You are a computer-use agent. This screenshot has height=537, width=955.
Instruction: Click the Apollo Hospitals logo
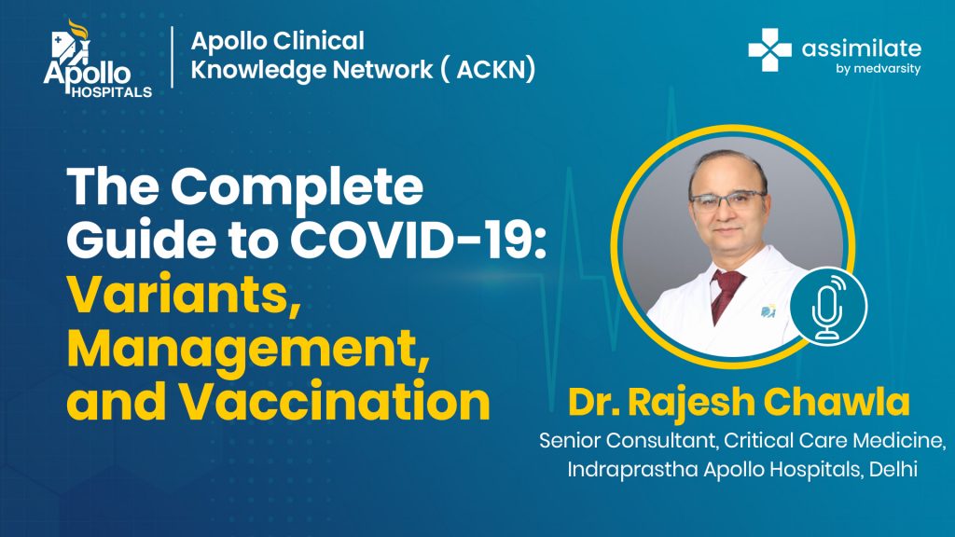[x=97, y=59]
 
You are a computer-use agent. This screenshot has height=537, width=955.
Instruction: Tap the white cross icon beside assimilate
[x=769, y=50]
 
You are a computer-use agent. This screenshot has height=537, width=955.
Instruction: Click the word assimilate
[x=861, y=48]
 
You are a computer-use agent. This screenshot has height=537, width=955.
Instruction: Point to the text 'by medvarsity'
[x=878, y=69]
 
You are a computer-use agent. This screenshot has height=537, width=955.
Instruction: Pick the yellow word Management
[x=248, y=350]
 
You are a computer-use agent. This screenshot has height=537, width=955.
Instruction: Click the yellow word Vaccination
[x=335, y=402]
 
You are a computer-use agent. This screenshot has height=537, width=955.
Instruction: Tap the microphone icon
[x=829, y=306]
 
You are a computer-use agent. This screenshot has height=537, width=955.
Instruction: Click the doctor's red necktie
[x=726, y=294]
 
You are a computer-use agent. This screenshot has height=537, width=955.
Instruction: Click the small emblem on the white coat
[x=768, y=311]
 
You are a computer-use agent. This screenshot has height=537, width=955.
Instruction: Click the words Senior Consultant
[x=626, y=440]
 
